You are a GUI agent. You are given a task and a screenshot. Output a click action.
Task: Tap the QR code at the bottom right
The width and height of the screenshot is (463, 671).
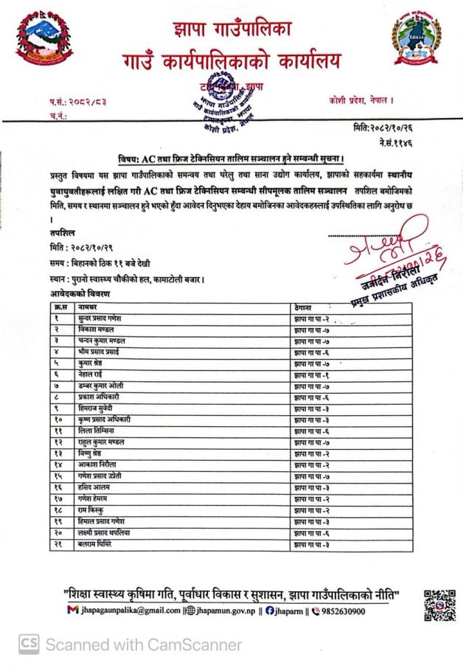coord(439,605)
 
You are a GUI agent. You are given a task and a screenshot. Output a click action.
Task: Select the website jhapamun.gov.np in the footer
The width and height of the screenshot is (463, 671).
coord(221,611)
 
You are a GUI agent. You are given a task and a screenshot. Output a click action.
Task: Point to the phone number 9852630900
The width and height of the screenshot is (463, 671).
coord(339,611)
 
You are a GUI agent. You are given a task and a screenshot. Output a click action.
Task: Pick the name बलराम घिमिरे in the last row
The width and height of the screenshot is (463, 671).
coord(95,545)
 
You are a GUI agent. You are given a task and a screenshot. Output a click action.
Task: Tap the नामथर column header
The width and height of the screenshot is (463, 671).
coord(88,305)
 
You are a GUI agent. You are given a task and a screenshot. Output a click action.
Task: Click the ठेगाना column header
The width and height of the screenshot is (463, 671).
coord(304,305)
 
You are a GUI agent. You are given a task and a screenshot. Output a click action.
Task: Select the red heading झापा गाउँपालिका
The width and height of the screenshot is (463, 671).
coord(231,29)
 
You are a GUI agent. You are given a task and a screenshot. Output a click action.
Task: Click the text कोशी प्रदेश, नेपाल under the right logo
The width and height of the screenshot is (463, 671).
coord(361,100)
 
